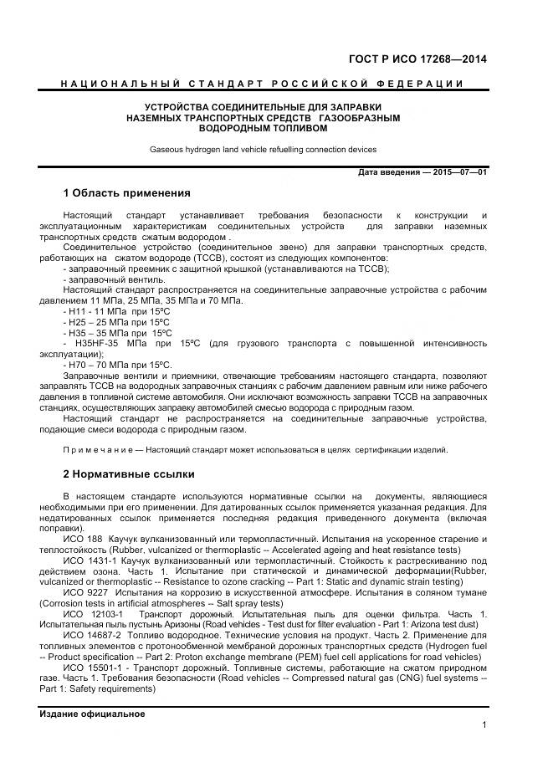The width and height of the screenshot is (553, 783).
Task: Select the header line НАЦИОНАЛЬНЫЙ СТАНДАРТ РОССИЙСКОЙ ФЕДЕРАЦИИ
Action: [x=263, y=84]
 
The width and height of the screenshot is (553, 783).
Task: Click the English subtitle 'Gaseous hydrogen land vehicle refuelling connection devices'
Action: [x=263, y=150]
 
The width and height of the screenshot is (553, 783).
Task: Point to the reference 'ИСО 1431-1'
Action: [x=88, y=560]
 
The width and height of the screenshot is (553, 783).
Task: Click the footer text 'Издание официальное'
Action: [x=92, y=714]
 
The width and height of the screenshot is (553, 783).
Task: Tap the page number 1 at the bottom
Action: [x=484, y=725]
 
